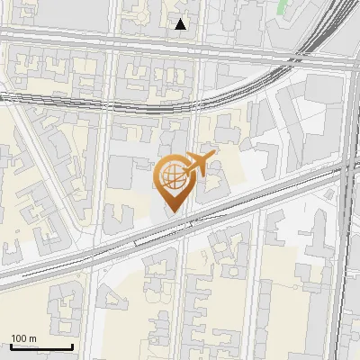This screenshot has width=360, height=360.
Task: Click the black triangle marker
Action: (181, 24)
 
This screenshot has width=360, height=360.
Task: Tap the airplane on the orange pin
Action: (198, 164)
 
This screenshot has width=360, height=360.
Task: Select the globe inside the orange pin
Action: (173, 178)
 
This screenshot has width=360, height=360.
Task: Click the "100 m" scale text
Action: (23, 338)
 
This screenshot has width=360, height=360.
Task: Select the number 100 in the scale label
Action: (19, 338)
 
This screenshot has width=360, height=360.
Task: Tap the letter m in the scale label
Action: (32, 338)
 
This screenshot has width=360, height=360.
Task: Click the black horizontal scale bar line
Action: (41, 347)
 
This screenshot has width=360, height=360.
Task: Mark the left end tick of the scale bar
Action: (11, 346)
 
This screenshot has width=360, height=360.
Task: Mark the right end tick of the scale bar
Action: (72, 346)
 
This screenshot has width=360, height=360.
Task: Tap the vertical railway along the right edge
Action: (346, 270)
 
